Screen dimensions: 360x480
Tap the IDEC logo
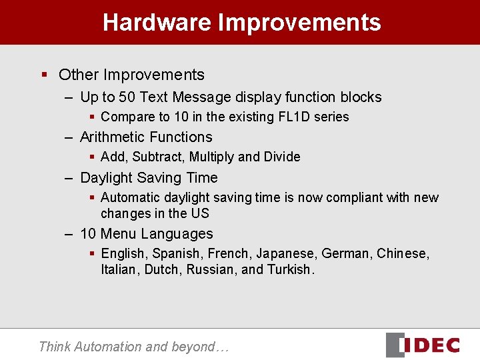click(x=423, y=345)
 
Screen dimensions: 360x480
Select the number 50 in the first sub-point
click(x=127, y=97)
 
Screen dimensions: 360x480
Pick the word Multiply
click(x=211, y=157)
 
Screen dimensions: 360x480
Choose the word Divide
click(x=282, y=157)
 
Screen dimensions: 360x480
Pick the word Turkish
click(x=290, y=270)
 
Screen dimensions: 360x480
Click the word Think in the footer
click(x=55, y=347)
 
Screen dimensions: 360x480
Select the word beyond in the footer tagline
click(x=194, y=347)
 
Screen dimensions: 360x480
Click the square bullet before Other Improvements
click(x=45, y=75)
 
